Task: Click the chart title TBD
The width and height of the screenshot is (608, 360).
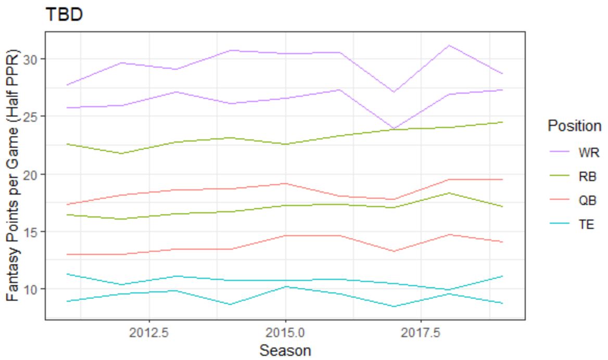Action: click(64, 15)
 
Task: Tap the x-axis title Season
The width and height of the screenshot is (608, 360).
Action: click(285, 350)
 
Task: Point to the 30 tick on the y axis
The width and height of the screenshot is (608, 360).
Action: click(34, 59)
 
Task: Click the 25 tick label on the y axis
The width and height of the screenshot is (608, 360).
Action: click(34, 116)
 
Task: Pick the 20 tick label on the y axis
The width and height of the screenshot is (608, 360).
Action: click(34, 174)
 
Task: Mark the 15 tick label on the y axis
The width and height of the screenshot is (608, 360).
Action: click(34, 232)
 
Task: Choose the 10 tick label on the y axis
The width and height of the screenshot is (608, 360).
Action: click(34, 289)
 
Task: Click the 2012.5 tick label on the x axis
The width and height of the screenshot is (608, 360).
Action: click(149, 332)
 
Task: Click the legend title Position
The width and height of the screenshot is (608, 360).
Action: click(574, 126)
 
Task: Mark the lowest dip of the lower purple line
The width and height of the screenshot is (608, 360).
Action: click(394, 128)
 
